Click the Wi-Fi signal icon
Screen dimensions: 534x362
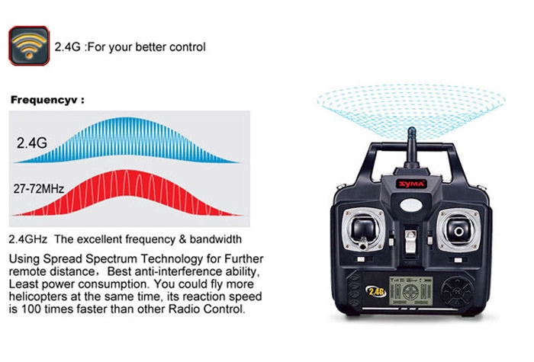tap(29, 46)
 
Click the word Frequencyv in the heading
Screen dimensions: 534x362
tap(44, 100)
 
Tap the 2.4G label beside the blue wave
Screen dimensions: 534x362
tap(32, 143)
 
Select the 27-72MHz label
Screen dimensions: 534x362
tap(39, 188)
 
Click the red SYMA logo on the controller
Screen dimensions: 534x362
tap(412, 184)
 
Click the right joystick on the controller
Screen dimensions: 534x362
tap(458, 230)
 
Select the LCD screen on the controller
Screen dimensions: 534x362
tap(411, 291)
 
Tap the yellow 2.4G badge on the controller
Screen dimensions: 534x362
tap(376, 291)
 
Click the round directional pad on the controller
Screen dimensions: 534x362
tap(458, 292)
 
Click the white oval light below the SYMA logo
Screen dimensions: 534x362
tap(411, 205)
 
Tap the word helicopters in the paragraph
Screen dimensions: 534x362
tap(38, 297)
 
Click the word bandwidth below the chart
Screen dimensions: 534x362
tap(216, 239)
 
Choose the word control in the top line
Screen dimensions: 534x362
tap(188, 47)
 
